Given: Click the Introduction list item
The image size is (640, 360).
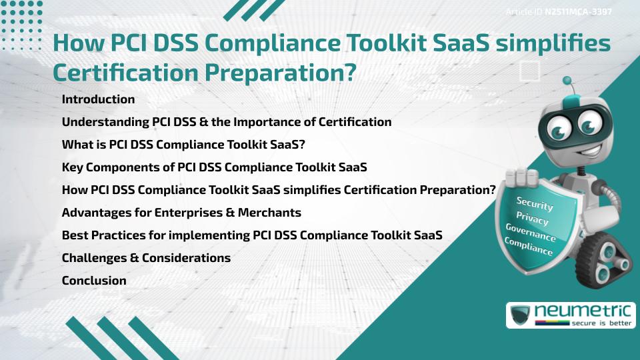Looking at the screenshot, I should pyautogui.click(x=98, y=99).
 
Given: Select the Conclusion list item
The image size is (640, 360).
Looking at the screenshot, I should pyautogui.click(x=94, y=281).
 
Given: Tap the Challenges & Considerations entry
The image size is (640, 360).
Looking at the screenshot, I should pyautogui.click(x=146, y=258).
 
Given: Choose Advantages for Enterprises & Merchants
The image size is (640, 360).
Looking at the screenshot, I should pyautogui.click(x=181, y=213).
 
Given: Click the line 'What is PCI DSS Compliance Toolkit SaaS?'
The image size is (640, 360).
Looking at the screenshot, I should pyautogui.click(x=183, y=145).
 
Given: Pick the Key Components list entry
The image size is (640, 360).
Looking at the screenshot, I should pyautogui.click(x=214, y=167).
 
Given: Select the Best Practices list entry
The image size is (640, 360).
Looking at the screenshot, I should pyautogui.click(x=252, y=235).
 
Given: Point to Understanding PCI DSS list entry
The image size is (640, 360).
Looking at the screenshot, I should pyautogui.click(x=227, y=122).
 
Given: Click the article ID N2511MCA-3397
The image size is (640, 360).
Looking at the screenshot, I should pyautogui.click(x=578, y=11).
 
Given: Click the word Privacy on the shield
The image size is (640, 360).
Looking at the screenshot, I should pyautogui.click(x=532, y=218).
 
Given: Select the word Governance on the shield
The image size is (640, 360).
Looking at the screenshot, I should pyautogui.click(x=530, y=233).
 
